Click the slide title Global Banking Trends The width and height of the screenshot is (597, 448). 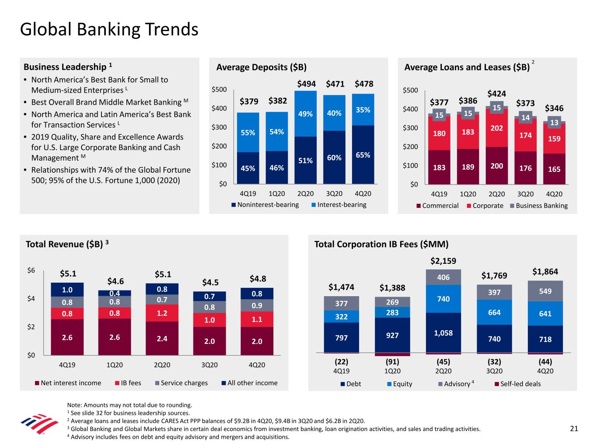[109, 30]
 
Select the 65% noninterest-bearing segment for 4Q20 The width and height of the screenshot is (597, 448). [363, 155]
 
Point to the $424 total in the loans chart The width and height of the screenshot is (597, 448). [497, 94]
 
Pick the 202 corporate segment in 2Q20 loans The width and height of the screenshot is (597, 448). [497, 128]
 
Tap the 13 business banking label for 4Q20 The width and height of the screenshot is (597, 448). [554, 123]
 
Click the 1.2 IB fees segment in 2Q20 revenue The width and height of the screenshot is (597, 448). [162, 313]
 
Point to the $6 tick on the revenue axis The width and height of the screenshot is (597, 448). [31, 270]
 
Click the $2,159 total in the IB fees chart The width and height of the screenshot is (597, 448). [443, 261]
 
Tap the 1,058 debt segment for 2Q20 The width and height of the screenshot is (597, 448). [443, 333]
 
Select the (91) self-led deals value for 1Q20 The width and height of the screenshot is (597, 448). [392, 362]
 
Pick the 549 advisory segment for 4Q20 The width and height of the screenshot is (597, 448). [545, 291]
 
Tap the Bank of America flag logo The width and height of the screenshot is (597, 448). [39, 424]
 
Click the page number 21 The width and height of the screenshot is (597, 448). [574, 429]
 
